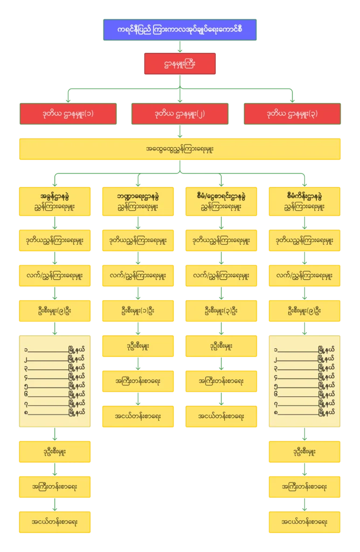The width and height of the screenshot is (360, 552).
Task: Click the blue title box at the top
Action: [x=180, y=30]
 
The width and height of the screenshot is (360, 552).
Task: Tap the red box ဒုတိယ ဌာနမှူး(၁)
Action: [x=68, y=114]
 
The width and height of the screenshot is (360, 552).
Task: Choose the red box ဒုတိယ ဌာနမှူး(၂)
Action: [x=180, y=114]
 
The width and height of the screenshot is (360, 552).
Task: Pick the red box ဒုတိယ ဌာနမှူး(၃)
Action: [x=292, y=114]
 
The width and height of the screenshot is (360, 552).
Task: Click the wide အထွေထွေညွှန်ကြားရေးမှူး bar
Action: [x=180, y=149]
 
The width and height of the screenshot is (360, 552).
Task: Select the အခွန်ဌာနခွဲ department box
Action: [x=54, y=201]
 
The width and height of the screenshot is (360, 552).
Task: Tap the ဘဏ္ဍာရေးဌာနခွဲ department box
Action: [x=138, y=201]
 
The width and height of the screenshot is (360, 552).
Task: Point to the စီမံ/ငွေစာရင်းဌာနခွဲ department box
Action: [x=221, y=201]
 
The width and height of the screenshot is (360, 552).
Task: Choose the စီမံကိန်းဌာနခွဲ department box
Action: [x=305, y=201]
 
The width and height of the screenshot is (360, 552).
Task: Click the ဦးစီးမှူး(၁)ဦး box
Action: [x=138, y=311]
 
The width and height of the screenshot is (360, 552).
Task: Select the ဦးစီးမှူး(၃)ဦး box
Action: [x=221, y=311]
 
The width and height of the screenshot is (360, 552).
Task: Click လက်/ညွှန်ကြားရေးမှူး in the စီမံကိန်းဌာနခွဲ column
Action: [x=305, y=275]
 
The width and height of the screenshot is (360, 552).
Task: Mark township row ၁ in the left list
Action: [x=54, y=349]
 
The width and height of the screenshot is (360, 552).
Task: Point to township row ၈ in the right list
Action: [x=305, y=413]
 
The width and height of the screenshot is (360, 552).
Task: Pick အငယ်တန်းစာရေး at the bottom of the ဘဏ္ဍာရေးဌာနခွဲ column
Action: [x=138, y=417]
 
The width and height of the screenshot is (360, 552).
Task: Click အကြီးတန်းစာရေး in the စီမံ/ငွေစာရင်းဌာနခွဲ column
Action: [x=221, y=381]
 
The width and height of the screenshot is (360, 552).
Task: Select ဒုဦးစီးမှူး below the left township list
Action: [x=54, y=451]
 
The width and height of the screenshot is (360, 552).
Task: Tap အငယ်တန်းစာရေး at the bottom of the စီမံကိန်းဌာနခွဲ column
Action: [x=305, y=522]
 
